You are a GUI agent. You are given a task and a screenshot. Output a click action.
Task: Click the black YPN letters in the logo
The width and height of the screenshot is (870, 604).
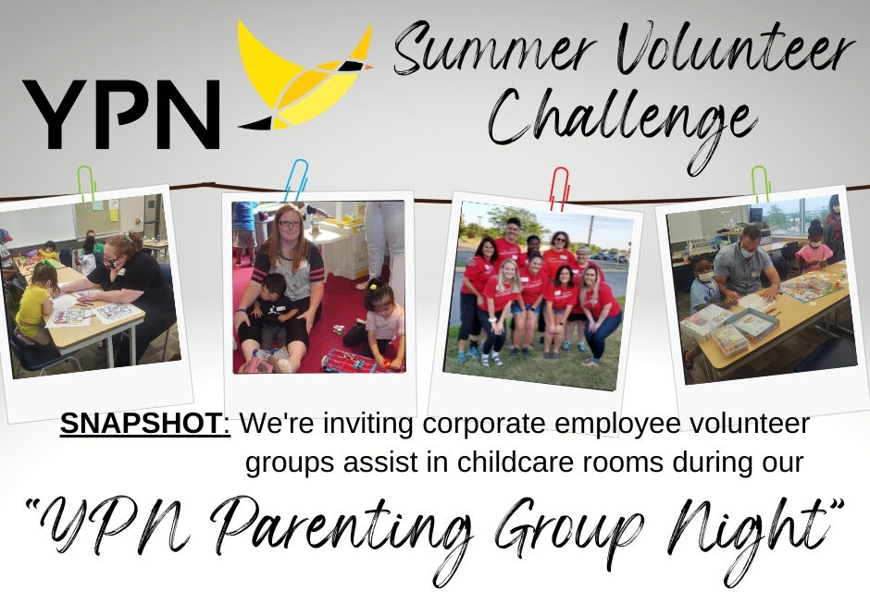(x=121, y=115)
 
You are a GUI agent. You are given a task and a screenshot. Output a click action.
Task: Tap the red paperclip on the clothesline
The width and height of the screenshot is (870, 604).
(x=559, y=189)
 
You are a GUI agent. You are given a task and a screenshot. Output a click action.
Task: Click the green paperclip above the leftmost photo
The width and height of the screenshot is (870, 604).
(x=87, y=184)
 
